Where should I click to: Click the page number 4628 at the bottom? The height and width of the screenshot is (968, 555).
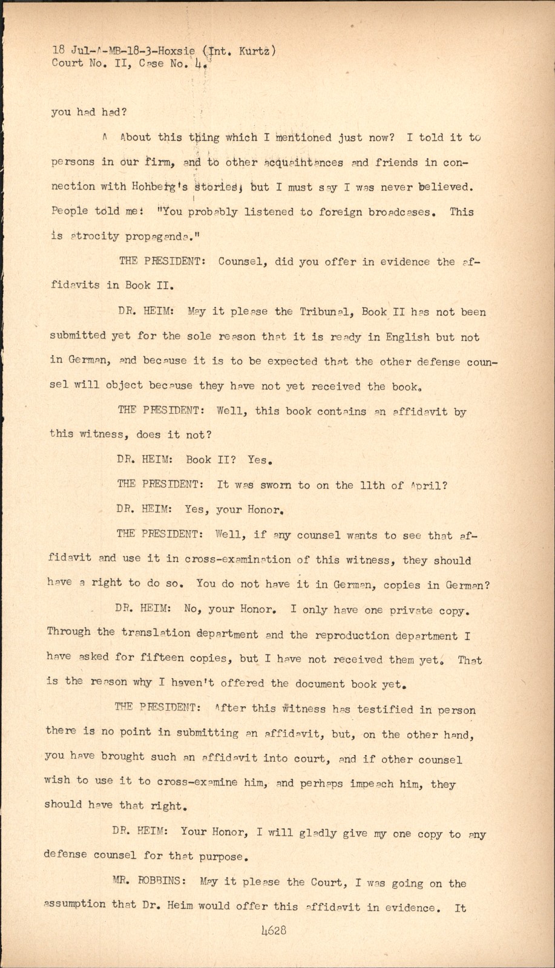[274, 930]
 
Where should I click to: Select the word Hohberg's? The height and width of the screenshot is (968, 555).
[147, 187]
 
